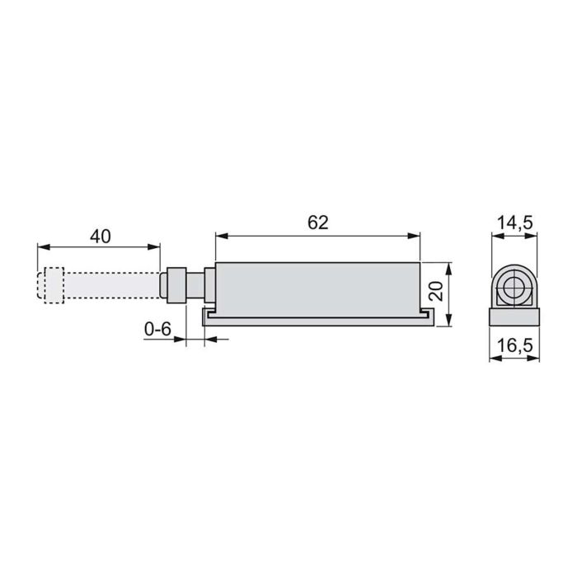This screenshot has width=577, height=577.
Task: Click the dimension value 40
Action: pyautogui.click(x=100, y=236)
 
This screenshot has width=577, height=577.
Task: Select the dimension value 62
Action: pyautogui.click(x=317, y=222)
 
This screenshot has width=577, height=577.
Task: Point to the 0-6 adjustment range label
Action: pyautogui.click(x=157, y=330)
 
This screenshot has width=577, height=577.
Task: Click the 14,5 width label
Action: pyautogui.click(x=515, y=222)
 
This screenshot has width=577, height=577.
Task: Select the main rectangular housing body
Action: pyautogui.click(x=317, y=288)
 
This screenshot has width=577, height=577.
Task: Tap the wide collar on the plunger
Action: pyautogui.click(x=175, y=285)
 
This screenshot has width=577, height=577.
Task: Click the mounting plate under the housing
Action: pyautogui.click(x=317, y=318)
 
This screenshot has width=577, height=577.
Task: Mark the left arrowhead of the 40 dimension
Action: pyautogui.click(x=41, y=246)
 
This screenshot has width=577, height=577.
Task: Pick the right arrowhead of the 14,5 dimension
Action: pyautogui.click(x=534, y=235)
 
